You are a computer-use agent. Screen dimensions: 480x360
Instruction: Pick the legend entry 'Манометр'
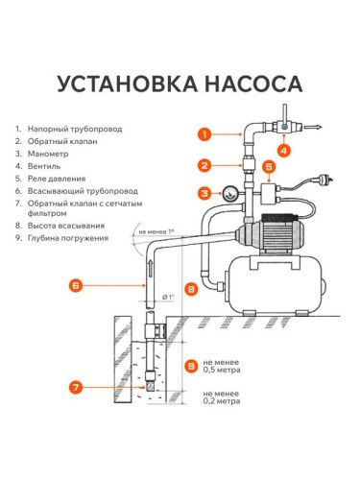(52, 154)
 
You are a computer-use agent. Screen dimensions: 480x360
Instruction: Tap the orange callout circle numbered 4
(282, 150)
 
